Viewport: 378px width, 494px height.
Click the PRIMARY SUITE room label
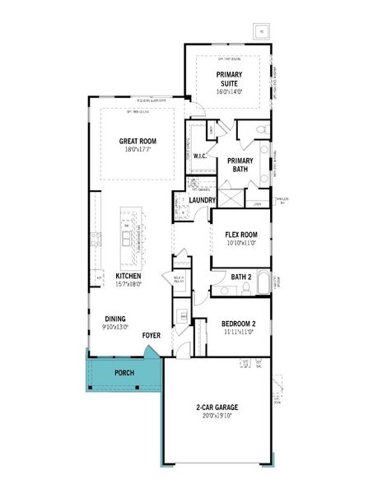229,79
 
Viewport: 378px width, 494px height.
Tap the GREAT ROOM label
138,141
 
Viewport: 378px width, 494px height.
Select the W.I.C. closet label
200,155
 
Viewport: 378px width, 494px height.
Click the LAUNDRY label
202,200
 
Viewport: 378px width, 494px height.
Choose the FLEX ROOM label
242,234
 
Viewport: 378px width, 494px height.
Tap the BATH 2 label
240,276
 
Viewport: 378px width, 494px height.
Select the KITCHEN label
128,276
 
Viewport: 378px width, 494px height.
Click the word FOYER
151,335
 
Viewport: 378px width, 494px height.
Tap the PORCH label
124,373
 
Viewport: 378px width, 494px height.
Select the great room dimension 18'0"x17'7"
138,150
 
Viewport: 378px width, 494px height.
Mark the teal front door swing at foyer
151,352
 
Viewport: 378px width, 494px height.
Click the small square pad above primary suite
262,31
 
